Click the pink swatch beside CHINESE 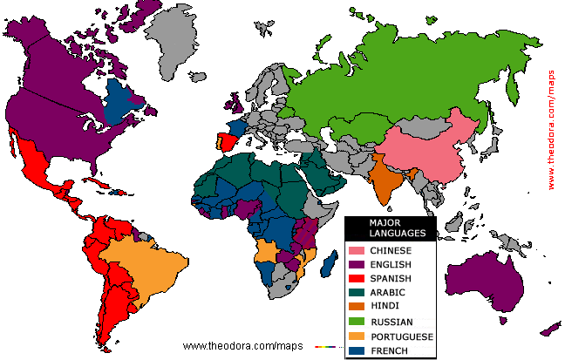pos(357,251)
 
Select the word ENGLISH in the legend pos(390,265)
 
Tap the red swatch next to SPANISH pos(357,279)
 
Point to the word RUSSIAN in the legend pos(391,322)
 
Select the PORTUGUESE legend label pos(401,336)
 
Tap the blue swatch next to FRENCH pos(357,350)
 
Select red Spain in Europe pos(227,141)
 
